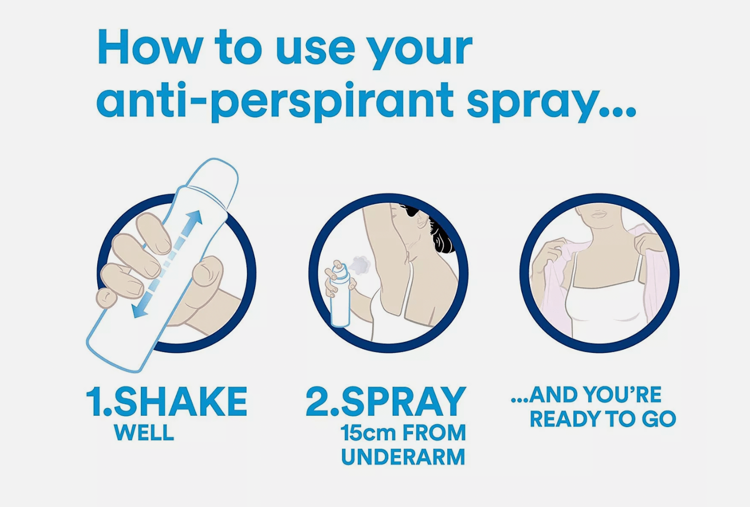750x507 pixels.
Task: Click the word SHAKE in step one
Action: tap(181, 402)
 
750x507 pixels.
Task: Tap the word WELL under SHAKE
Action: tap(144, 433)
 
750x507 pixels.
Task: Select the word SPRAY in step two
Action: tap(403, 402)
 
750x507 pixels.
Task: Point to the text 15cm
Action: tap(368, 433)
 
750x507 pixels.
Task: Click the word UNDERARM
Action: tap(403, 457)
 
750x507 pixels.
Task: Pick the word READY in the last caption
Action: tap(565, 419)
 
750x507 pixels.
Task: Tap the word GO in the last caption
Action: tap(659, 419)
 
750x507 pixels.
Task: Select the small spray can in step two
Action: tap(340, 300)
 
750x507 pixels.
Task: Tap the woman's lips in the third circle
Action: tap(599, 214)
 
